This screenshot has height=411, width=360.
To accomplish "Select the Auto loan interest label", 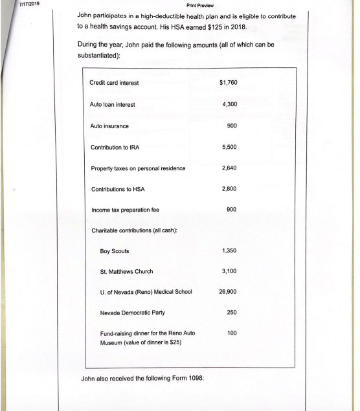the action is [112, 104].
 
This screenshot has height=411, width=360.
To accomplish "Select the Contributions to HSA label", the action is [118, 189].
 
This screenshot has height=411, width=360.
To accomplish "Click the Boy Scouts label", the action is [115, 250].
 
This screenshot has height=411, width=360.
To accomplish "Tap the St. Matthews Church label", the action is [127, 272].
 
